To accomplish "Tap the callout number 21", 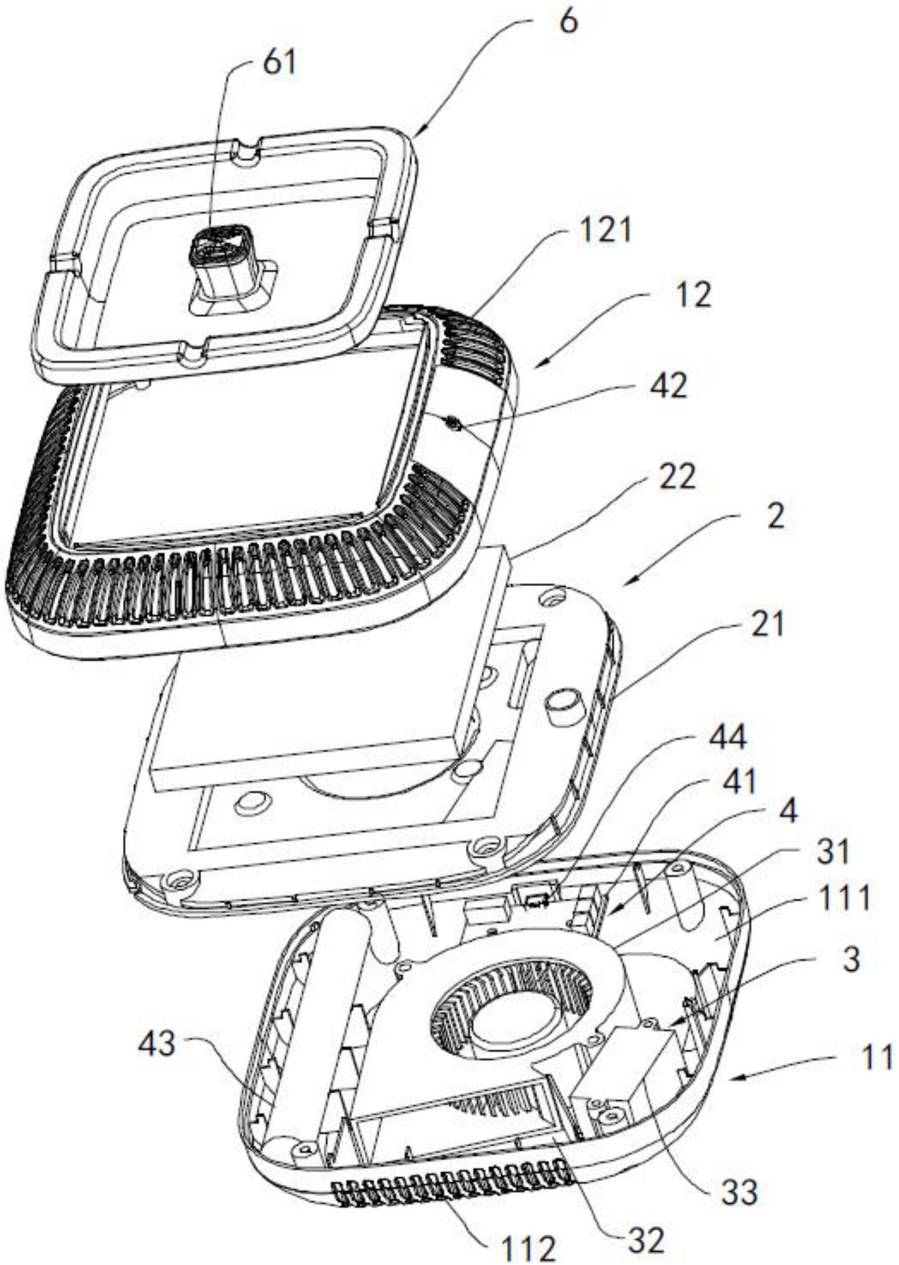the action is (765, 626).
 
